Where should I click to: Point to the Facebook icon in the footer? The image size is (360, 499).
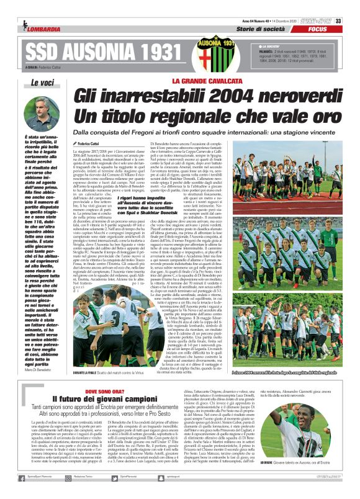pyautogui.click(x=25, y=491)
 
